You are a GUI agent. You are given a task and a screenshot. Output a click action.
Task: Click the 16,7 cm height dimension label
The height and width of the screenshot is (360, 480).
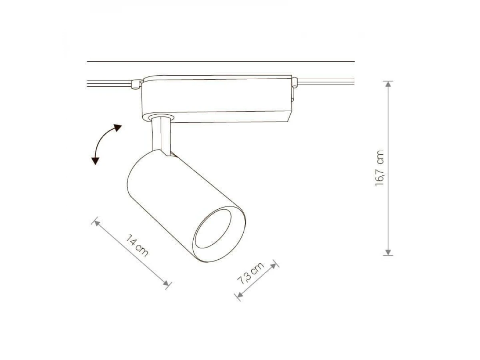coord(380,168)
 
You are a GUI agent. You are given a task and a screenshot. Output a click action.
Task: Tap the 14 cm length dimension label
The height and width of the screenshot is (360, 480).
coord(137,246)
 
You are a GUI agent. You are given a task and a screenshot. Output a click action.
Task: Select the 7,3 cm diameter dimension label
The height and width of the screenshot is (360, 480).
coord(251,274)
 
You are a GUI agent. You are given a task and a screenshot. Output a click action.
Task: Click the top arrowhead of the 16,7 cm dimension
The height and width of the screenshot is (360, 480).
coord(388,84)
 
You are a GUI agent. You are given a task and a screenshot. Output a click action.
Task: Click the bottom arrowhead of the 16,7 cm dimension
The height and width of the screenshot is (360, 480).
coord(388,252)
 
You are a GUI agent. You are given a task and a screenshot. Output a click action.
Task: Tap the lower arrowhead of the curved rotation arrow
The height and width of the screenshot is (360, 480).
coord(95,161)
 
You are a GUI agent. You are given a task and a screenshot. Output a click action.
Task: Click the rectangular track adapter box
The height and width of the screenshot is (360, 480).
coord(216,99)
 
